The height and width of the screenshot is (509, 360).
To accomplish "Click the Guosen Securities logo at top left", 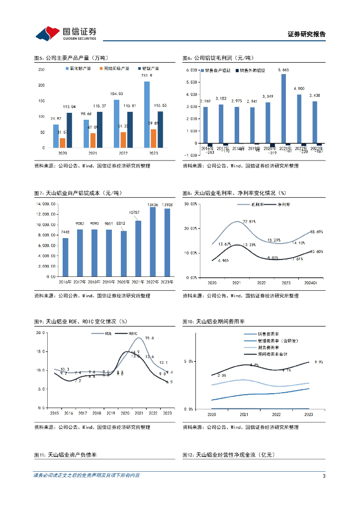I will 65,33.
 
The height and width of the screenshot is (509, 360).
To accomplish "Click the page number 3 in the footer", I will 324,476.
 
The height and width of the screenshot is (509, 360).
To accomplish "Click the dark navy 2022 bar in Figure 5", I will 129,130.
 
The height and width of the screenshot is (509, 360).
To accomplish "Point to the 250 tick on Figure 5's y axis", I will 41,70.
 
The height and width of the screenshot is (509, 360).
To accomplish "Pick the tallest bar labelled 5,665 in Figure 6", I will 283,108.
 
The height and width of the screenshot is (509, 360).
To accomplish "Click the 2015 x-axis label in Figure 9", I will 54,413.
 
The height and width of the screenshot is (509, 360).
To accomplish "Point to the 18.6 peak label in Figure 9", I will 149,338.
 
